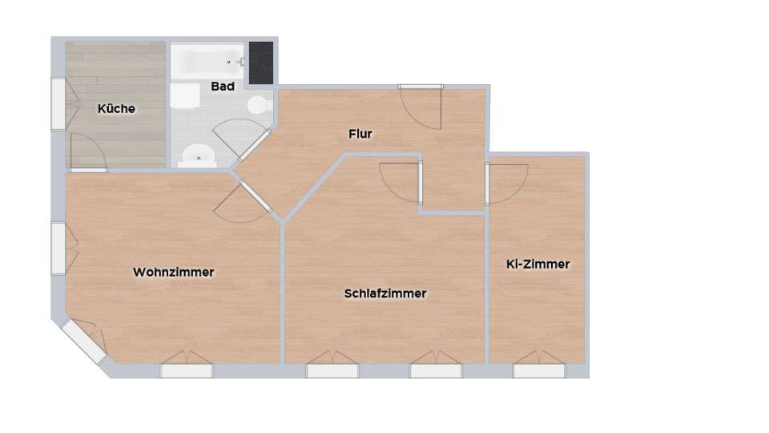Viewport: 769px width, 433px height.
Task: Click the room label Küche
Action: (116, 109)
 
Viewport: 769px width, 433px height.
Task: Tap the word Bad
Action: (223, 86)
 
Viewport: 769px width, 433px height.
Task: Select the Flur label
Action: (360, 134)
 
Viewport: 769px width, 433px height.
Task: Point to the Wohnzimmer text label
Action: (174, 273)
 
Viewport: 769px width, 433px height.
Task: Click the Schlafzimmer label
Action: (385, 293)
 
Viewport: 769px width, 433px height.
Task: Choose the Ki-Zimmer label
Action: (538, 264)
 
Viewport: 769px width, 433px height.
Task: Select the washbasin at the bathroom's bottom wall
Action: (196, 154)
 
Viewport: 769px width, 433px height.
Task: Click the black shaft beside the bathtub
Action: (261, 63)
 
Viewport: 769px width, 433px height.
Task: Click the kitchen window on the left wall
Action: (58, 103)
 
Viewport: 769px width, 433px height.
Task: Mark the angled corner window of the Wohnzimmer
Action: (81, 343)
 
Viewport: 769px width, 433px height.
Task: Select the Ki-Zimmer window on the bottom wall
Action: (539, 370)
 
